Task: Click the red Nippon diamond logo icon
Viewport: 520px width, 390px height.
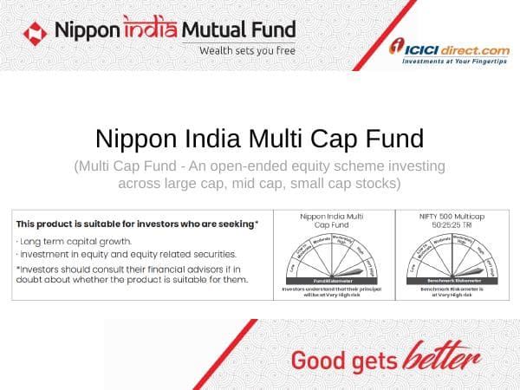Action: point(36,33)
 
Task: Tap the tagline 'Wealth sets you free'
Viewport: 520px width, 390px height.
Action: point(246,50)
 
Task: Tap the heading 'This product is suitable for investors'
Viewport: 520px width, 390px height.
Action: point(137,224)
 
